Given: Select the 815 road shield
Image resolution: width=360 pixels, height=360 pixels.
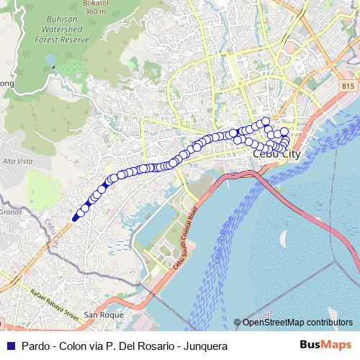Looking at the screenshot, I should click(x=349, y=85).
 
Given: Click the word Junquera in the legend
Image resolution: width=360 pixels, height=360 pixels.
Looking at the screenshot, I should click(x=206, y=346).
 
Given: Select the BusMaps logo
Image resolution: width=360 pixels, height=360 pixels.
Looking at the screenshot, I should click(x=327, y=346).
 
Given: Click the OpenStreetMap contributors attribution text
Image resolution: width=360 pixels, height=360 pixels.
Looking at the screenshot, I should click(x=297, y=322).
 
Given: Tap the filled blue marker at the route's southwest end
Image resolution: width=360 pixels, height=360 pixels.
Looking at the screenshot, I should click(x=76, y=217).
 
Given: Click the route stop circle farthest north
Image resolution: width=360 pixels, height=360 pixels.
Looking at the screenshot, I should click(x=265, y=121).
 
